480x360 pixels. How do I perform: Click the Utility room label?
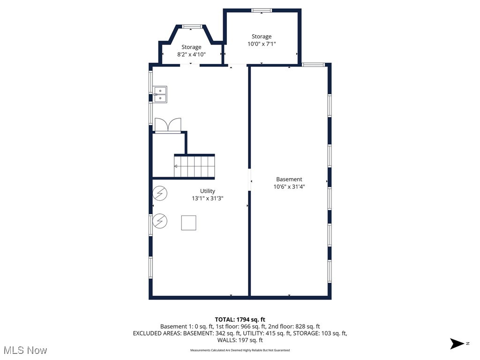pyautogui.click(x=208, y=191)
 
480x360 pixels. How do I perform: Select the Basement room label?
pyautogui.click(x=289, y=179)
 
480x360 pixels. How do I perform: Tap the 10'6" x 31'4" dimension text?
pyautogui.click(x=289, y=187)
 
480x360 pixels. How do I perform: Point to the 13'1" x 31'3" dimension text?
pyautogui.click(x=208, y=198)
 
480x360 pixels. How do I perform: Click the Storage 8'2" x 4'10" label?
pyautogui.click(x=191, y=51)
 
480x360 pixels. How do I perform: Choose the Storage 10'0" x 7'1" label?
pyautogui.click(x=262, y=40)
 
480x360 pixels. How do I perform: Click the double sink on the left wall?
pyautogui.click(x=160, y=94)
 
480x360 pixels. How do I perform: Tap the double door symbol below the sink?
pyautogui.click(x=167, y=126)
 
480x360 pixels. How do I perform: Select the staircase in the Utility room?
pyautogui.click(x=194, y=166)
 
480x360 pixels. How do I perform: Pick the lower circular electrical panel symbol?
pyautogui.click(x=160, y=220)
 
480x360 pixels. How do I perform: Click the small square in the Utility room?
pyautogui.click(x=188, y=223)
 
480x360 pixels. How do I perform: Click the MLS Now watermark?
pyautogui.click(x=25, y=350)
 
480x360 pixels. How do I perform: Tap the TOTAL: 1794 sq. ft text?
pyautogui.click(x=240, y=319)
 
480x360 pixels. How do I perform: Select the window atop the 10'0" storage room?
pyautogui.click(x=261, y=10)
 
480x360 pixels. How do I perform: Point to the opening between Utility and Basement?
pyautogui.click(x=249, y=180)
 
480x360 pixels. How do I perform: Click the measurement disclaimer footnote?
pyautogui.click(x=240, y=350)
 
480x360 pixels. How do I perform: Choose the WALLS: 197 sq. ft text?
pyautogui.click(x=240, y=340)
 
